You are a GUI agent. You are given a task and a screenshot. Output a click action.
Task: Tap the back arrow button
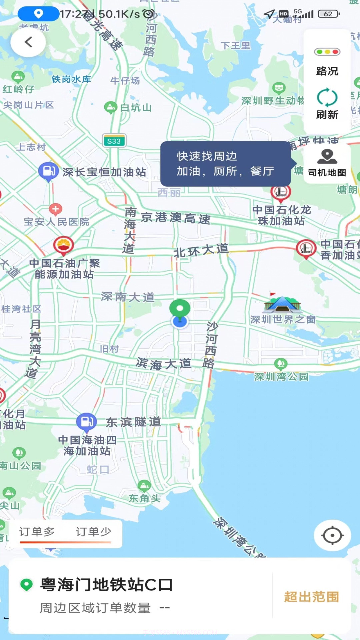pyautogui.click(x=28, y=42)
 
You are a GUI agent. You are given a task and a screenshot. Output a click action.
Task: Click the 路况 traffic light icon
pyautogui.click(x=327, y=52)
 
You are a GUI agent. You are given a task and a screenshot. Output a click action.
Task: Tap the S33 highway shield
pyautogui.click(x=114, y=141)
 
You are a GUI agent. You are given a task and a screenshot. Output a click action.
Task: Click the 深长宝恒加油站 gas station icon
pyautogui.click(x=48, y=171)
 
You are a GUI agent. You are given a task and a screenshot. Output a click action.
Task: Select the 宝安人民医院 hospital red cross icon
pyautogui.click(x=55, y=209)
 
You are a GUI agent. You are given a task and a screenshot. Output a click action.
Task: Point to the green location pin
pyautogui.click(x=180, y=308)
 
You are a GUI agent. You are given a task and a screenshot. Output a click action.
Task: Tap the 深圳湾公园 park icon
pyautogui.click(x=281, y=364)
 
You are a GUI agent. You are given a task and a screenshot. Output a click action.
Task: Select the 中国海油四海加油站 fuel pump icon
pyautogui.click(x=86, y=421)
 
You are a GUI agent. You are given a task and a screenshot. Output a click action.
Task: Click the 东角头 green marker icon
pyautogui.click(x=144, y=486)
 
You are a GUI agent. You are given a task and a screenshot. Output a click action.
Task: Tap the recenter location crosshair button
pyautogui.click(x=332, y=536)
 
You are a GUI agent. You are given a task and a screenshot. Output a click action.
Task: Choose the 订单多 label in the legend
pyautogui.click(x=37, y=532)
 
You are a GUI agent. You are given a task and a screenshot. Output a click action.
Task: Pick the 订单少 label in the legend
pyautogui.click(x=93, y=532)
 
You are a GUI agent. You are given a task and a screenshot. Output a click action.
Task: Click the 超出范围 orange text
pyautogui.click(x=311, y=597)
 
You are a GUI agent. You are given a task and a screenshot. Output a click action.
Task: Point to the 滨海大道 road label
pyautogui.click(x=164, y=364)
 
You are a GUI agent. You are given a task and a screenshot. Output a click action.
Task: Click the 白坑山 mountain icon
pyautogui.click(x=111, y=107)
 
